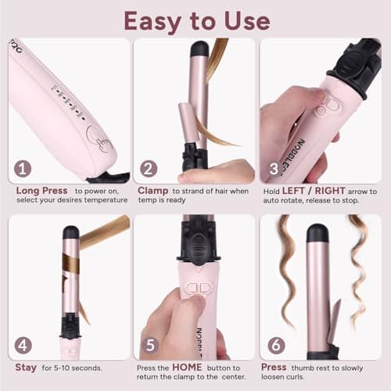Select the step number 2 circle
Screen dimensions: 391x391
[149, 168]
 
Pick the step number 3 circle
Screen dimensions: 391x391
[274, 168]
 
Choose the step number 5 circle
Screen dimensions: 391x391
[149, 344]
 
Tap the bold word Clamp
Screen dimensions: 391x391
[152, 190]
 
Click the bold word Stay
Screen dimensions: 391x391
[26, 366]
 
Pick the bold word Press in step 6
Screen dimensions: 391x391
[274, 366]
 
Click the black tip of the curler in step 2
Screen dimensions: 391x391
[199, 48]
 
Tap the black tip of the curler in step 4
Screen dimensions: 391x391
[70, 231]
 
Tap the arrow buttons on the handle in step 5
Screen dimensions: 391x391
[200, 287]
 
